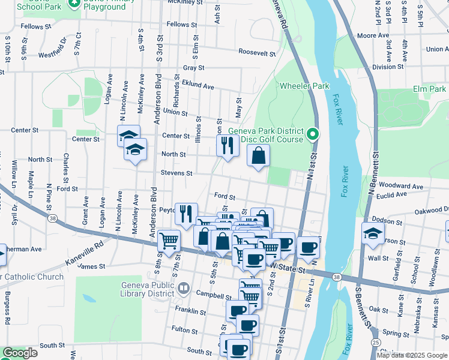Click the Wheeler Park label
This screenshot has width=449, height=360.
[x=304, y=86]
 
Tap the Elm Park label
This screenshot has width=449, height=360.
[x=429, y=89]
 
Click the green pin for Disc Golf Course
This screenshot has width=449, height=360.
[x=312, y=134]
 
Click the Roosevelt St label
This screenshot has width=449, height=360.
[x=256, y=53]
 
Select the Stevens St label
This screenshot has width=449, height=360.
[x=176, y=173]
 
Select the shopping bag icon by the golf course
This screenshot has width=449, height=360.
[x=258, y=156]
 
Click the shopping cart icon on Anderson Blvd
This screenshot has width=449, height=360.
[x=169, y=240]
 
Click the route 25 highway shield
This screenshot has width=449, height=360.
[x=375, y=341]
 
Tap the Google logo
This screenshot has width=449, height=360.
[x=20, y=353]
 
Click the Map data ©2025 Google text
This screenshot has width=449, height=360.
[x=411, y=355]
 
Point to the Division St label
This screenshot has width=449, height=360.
[x=387, y=67]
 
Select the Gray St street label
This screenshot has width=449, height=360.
[x=194, y=68]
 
